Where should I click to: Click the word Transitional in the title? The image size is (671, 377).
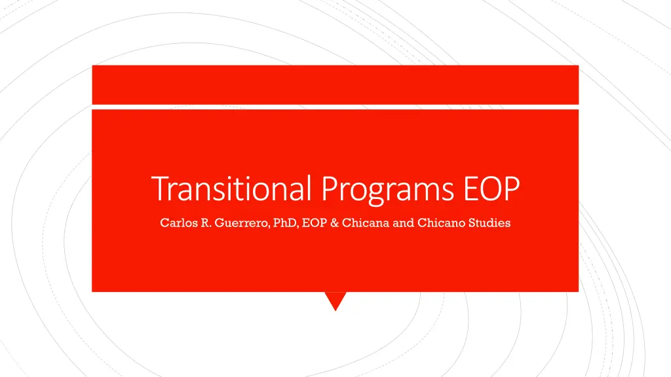(231, 188)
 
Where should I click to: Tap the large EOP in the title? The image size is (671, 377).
(491, 188)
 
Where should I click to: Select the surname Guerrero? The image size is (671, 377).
(242, 223)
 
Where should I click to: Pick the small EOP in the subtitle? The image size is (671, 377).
(315, 223)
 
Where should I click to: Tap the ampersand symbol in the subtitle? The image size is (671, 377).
(335, 223)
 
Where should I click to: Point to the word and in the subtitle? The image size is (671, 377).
(403, 223)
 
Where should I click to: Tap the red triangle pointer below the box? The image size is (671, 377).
(335, 298)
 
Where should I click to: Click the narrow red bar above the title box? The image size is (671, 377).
(335, 84)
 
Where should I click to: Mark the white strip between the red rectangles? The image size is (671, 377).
(335, 107)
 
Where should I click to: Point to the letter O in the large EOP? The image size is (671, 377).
(491, 188)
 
